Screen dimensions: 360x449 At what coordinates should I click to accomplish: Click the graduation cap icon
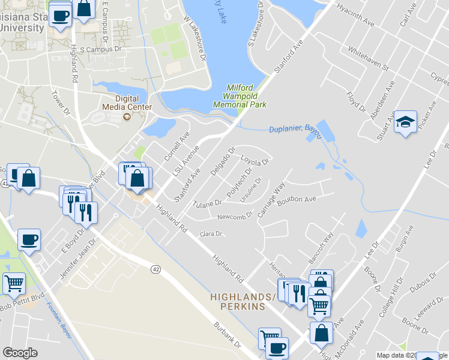(x=405, y=122)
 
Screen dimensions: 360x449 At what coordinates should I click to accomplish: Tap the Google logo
(x=20, y=353)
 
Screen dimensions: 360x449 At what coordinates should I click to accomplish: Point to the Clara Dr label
(x=211, y=233)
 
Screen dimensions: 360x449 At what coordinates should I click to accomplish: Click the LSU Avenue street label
(x=185, y=160)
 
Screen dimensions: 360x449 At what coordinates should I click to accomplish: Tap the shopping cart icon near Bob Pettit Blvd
(x=14, y=283)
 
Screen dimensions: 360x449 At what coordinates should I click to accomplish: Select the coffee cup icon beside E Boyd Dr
(x=29, y=239)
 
